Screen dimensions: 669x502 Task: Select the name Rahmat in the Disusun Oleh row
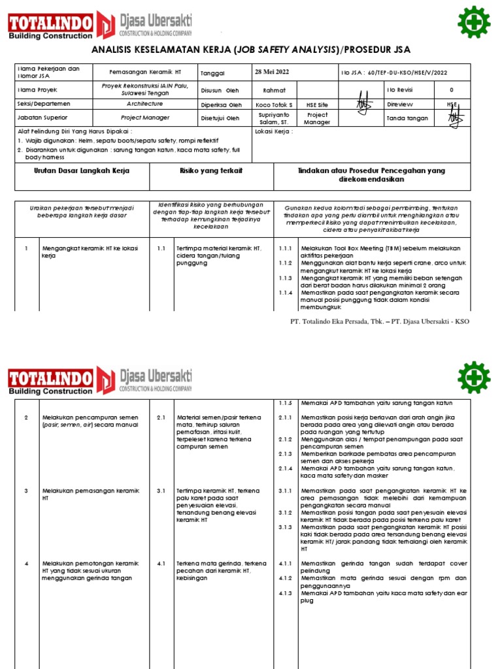(274, 90)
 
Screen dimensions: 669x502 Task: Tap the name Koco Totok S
(275, 105)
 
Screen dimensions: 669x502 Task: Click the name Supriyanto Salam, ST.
(275, 118)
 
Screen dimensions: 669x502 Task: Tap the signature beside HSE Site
(363, 105)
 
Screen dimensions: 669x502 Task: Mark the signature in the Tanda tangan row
(455, 118)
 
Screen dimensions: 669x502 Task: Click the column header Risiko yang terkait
(211, 171)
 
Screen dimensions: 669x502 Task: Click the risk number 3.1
(161, 491)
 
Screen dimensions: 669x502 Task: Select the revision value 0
(451, 90)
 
